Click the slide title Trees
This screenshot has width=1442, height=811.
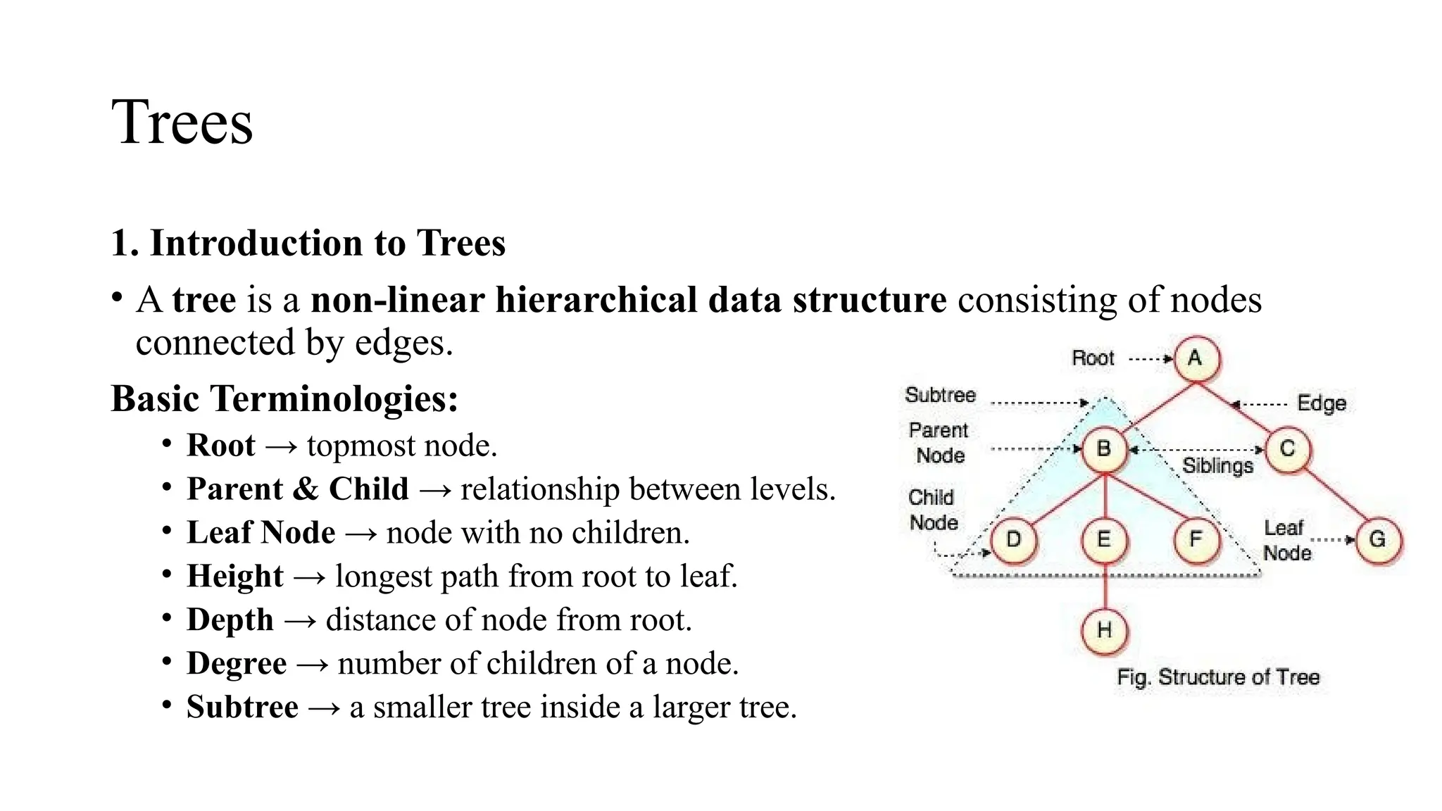coord(182,122)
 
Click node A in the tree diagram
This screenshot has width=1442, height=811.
coord(1195,358)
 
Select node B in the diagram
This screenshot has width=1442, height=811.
coord(1104,448)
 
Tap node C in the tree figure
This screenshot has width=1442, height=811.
coord(1287,448)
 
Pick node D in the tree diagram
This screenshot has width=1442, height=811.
coord(1014,540)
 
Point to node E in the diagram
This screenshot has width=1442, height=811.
coord(1104,540)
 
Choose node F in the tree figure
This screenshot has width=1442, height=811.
coord(1196,540)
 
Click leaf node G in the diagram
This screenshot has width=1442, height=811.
coord(1377,540)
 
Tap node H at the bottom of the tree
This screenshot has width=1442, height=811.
coord(1104,630)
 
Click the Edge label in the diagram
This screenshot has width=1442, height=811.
coord(1322,403)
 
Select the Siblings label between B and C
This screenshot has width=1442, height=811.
coord(1217,466)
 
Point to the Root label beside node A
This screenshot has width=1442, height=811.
coord(1093,358)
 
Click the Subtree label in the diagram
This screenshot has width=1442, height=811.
coord(940,395)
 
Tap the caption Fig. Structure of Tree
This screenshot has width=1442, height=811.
coord(1218,677)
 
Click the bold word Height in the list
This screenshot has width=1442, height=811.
coord(235,577)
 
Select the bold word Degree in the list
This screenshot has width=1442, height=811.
coord(237,664)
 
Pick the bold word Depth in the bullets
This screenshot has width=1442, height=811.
coord(230,620)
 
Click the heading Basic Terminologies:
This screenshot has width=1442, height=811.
coord(284,399)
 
